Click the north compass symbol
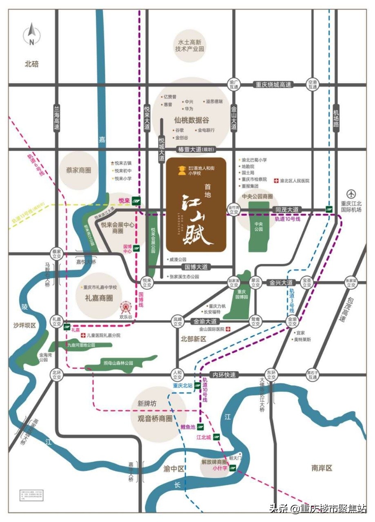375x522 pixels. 32,35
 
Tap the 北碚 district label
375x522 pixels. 32,64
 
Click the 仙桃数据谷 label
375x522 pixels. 191,120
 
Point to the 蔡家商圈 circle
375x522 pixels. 78,170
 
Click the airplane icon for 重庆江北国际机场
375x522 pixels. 351,194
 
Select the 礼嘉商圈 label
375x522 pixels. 99,298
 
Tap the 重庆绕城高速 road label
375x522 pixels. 273,85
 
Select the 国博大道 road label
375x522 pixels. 197,267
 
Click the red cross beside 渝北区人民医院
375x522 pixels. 276,180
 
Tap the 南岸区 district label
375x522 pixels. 322,468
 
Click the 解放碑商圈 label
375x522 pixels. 214,462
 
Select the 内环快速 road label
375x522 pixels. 224,375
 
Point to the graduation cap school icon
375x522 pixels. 181,170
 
